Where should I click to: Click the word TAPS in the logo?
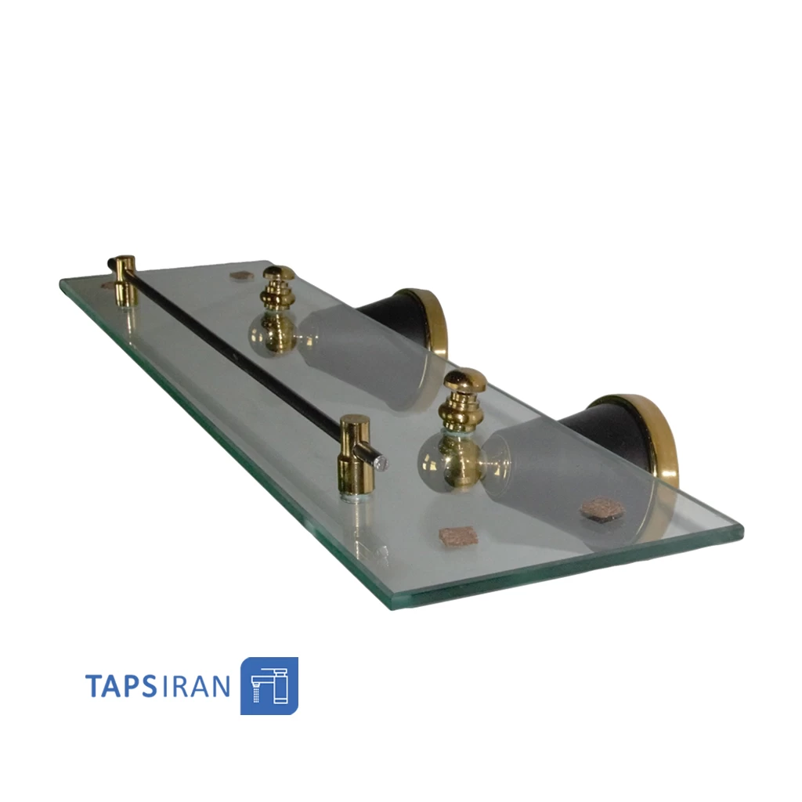pyautogui.click(x=121, y=686)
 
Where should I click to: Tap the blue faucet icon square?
pyautogui.click(x=269, y=686)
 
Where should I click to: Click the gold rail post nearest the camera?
pyautogui.click(x=355, y=457)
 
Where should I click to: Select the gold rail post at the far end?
pyautogui.click(x=125, y=280)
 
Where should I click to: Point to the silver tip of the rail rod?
pyautogui.click(x=381, y=464)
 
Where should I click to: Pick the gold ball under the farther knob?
pyautogui.click(x=277, y=331)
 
